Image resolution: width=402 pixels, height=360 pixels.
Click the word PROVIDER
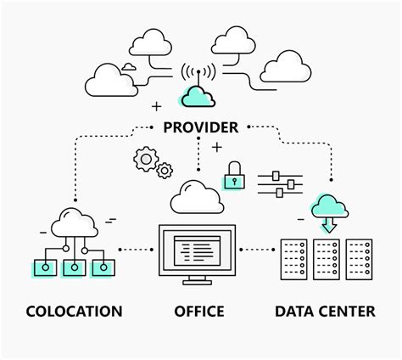(201, 127)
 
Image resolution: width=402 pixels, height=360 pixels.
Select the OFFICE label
(199, 312)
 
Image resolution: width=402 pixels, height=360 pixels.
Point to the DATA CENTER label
(325, 312)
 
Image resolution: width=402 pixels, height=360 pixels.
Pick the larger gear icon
(147, 158)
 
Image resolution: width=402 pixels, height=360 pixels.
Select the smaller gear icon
(165, 171)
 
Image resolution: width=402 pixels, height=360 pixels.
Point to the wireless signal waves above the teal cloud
(199, 74)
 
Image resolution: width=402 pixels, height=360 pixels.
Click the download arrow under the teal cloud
(328, 225)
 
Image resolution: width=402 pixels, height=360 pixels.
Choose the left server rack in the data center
(293, 260)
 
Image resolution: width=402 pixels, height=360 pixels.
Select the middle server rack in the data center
(327, 260)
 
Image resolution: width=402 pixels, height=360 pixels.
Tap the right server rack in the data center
(360, 260)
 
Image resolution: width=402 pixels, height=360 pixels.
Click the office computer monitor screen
(198, 250)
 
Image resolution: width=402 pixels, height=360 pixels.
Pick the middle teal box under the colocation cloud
(74, 268)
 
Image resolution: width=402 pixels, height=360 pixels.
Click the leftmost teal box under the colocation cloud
(45, 268)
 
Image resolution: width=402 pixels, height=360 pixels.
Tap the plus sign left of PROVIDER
(156, 107)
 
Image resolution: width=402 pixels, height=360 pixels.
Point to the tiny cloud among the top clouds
(129, 65)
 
